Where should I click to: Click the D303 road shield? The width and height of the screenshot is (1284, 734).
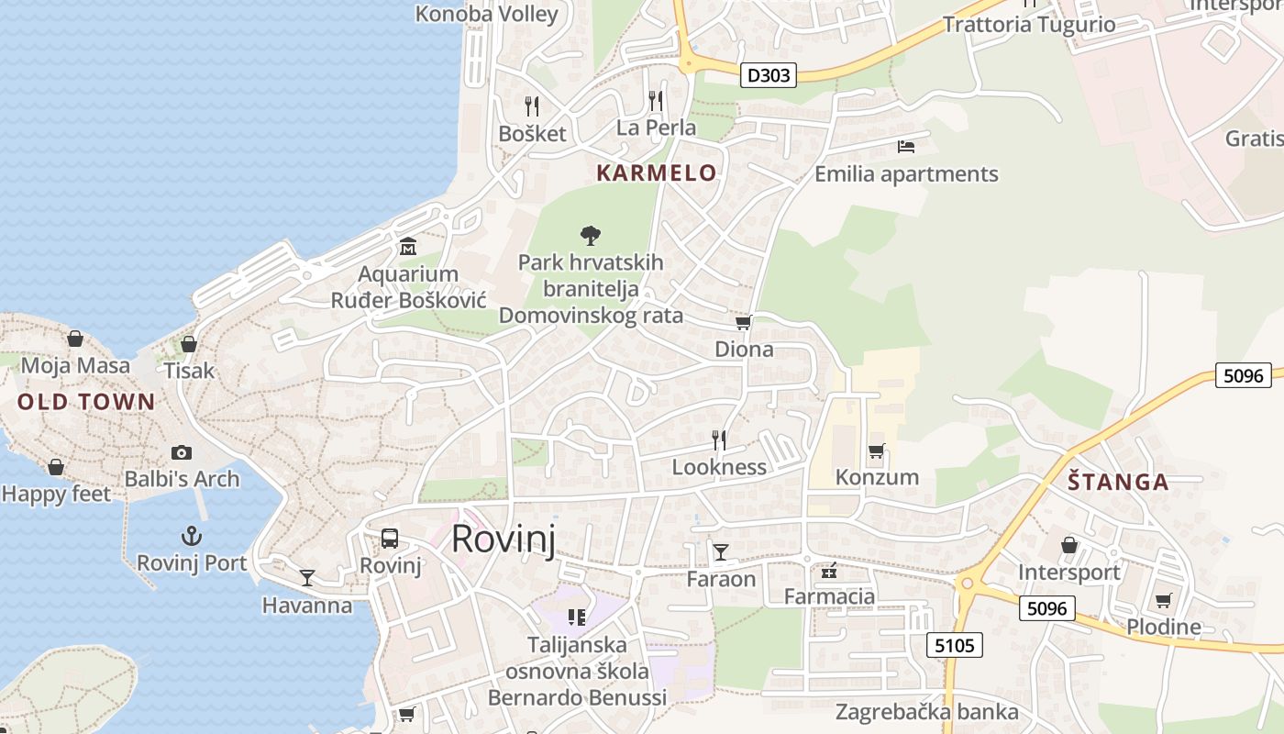coord(768,75)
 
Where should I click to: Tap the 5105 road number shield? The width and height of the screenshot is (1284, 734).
coord(954,645)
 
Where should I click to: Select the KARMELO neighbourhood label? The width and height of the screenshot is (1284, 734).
coord(656,172)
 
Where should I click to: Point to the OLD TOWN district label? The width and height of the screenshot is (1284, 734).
coord(86,402)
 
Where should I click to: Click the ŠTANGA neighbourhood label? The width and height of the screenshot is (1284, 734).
coord(1118,482)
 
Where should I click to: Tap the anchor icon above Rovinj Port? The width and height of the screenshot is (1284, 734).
coord(192,536)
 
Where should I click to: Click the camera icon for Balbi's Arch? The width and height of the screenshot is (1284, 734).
coord(182,452)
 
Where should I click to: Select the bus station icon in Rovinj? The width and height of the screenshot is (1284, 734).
coord(390,539)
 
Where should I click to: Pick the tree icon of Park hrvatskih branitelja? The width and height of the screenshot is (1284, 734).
coord(591,236)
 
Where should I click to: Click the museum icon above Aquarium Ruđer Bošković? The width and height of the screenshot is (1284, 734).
coord(408,246)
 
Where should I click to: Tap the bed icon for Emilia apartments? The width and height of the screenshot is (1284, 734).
coord(906,147)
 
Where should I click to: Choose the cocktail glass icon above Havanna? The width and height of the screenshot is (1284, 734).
coord(307,578)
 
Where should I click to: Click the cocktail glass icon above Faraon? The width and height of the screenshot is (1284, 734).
coord(721,551)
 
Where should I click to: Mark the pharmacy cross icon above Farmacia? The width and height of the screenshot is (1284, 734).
coord(829,572)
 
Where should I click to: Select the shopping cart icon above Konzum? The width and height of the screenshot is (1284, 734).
coord(876,450)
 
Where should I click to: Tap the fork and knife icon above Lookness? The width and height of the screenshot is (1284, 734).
coord(719,439)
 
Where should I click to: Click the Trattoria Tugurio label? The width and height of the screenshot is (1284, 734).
coord(1029,25)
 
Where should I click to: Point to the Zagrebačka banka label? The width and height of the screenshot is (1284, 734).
coord(926,712)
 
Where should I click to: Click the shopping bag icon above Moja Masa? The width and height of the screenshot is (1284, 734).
coord(75,339)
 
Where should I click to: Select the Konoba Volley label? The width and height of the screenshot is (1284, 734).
coord(487,14)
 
